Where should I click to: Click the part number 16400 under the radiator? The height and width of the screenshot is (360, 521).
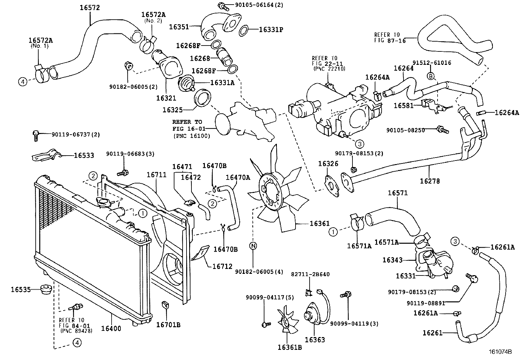111,328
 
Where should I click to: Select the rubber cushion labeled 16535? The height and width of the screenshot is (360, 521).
46,290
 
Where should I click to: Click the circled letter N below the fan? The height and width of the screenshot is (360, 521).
253,245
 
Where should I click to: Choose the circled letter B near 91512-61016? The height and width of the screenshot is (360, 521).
431,76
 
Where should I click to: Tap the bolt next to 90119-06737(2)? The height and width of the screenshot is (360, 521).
36,135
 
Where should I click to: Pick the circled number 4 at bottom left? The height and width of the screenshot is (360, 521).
77,343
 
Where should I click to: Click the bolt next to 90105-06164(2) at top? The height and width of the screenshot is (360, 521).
221,5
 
